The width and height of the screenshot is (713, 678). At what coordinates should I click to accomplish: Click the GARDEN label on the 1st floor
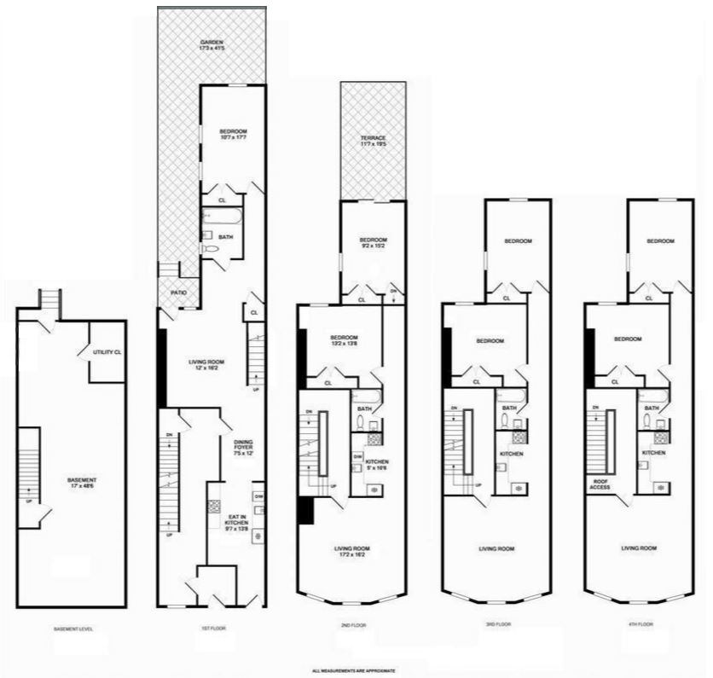(x=212, y=46)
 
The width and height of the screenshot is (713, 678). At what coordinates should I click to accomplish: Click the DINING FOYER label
(x=244, y=446)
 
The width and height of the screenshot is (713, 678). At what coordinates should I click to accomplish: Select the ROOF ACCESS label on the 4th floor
(x=600, y=485)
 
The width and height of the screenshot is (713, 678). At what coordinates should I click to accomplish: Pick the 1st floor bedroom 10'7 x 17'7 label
(x=233, y=135)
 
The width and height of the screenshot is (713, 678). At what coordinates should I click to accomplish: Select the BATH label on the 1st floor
(x=226, y=236)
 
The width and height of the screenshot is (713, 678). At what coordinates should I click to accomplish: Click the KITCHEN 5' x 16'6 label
(x=377, y=465)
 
